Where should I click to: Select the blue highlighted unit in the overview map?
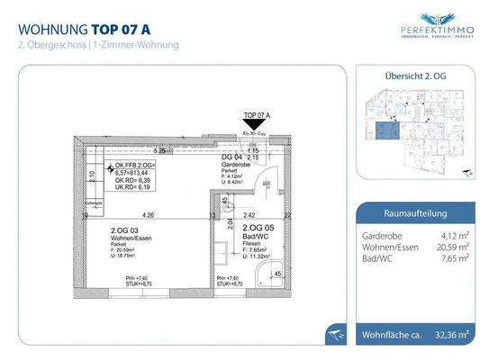pos(387,134)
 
